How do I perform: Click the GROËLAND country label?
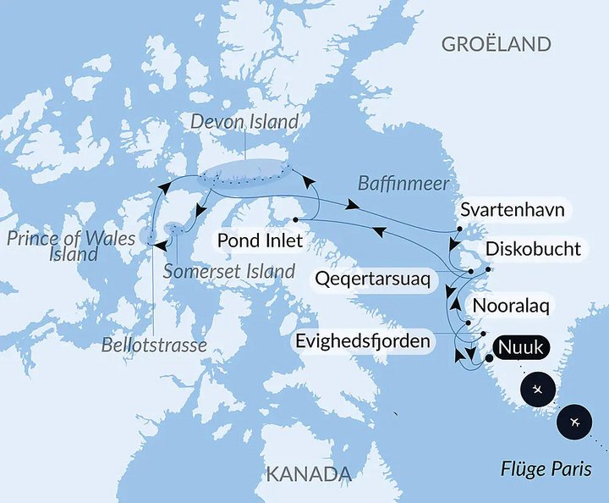tap(496, 44)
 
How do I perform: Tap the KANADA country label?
tap(308, 473)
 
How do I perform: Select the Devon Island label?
tap(244, 122)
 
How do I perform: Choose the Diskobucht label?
tap(533, 249)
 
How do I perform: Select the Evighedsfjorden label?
tap(365, 340)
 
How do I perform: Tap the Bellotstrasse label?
tap(154, 346)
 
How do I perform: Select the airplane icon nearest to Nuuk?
tap(539, 390)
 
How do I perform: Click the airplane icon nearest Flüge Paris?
tap(575, 422)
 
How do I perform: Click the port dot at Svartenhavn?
tap(458, 229)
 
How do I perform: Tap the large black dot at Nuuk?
tap(489, 358)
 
